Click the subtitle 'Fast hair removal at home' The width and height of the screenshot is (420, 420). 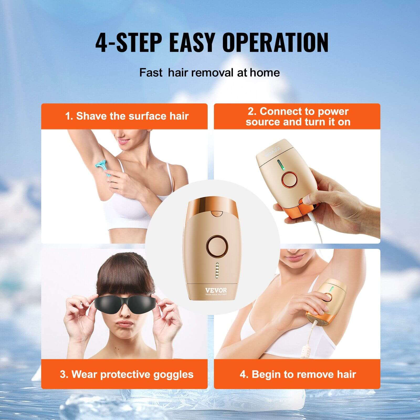coord(209,72)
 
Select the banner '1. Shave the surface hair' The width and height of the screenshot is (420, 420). coord(127,116)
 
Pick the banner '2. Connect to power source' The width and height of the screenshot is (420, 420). coord(298,117)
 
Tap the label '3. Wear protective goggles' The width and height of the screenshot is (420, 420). coord(127,374)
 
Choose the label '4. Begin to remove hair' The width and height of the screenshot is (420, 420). coord(298,374)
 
